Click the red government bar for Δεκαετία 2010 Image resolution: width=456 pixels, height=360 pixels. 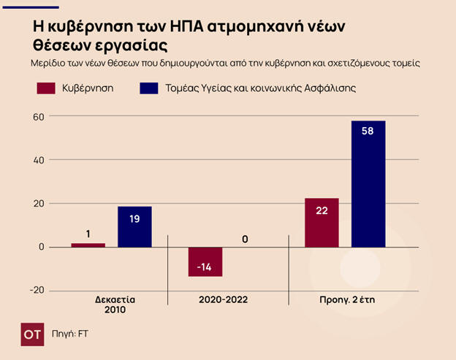[88, 245]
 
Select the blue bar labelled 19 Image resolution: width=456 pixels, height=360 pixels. [134, 226]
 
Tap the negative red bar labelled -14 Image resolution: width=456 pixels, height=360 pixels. [205, 261]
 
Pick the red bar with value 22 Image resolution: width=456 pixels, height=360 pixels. [322, 222]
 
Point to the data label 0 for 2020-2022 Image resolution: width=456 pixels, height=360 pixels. [245, 239]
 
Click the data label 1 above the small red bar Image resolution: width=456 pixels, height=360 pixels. [88, 234]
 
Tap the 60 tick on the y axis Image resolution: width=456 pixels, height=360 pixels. [39, 117]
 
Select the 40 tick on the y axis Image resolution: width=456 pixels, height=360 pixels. [39, 160]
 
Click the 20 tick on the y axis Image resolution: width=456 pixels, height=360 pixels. [39, 204]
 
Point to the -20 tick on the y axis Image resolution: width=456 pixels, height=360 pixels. [37, 290]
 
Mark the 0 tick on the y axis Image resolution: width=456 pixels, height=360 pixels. [42, 247]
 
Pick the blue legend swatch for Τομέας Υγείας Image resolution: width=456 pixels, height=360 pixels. [148, 88]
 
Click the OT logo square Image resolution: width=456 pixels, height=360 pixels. [34, 332]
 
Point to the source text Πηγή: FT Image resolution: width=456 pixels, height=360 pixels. [70, 333]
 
